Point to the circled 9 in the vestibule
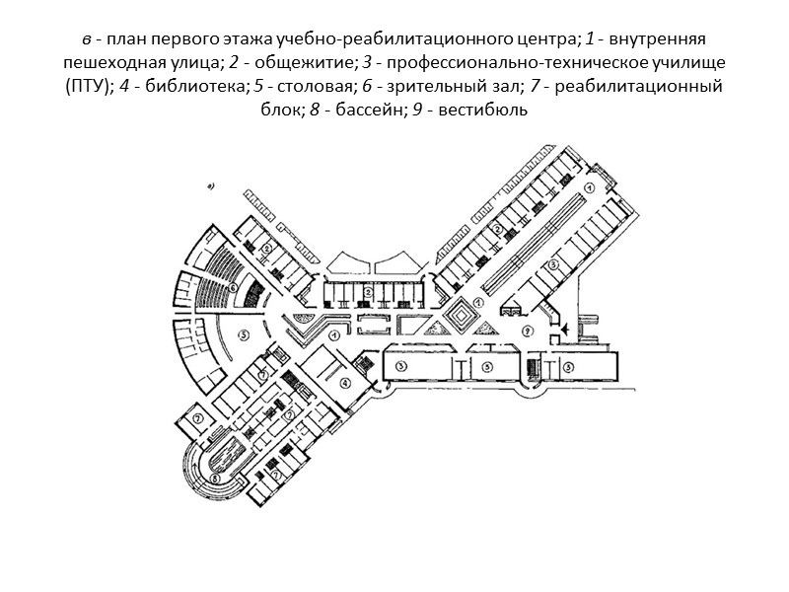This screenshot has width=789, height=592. pos(530,330)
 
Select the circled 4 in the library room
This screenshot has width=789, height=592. pos(344,383)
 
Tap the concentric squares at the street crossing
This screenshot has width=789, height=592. pos(459,317)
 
